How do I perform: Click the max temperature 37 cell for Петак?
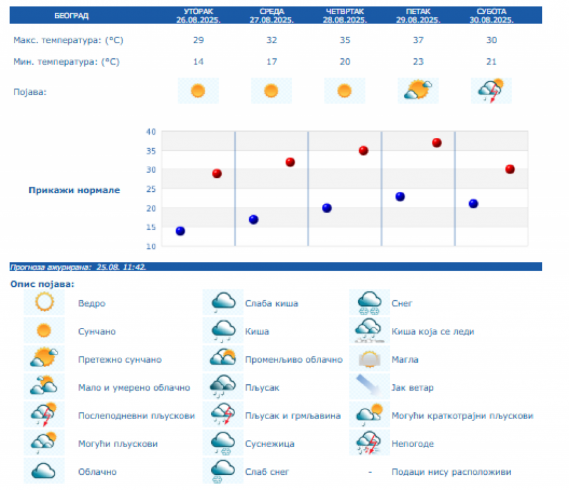[x=419, y=40]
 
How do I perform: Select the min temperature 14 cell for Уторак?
[x=198, y=61]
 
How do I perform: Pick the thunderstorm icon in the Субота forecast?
[x=491, y=91]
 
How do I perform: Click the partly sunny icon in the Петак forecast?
[x=419, y=91]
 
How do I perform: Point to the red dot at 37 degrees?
[x=436, y=143]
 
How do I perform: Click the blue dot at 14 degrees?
[x=180, y=231]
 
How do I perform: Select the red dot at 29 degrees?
[x=217, y=173]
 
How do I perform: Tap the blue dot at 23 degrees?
[x=400, y=196]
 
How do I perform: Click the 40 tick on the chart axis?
[x=150, y=132]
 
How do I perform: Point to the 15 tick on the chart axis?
[x=150, y=227]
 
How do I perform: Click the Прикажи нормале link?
[x=74, y=190]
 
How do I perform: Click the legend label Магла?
[x=405, y=360]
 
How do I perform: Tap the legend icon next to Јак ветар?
[x=370, y=387]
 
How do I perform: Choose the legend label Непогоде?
[x=413, y=444]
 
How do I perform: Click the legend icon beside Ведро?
[x=44, y=303]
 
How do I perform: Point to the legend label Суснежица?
[x=269, y=444]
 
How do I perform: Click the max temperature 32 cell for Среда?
[x=271, y=40]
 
